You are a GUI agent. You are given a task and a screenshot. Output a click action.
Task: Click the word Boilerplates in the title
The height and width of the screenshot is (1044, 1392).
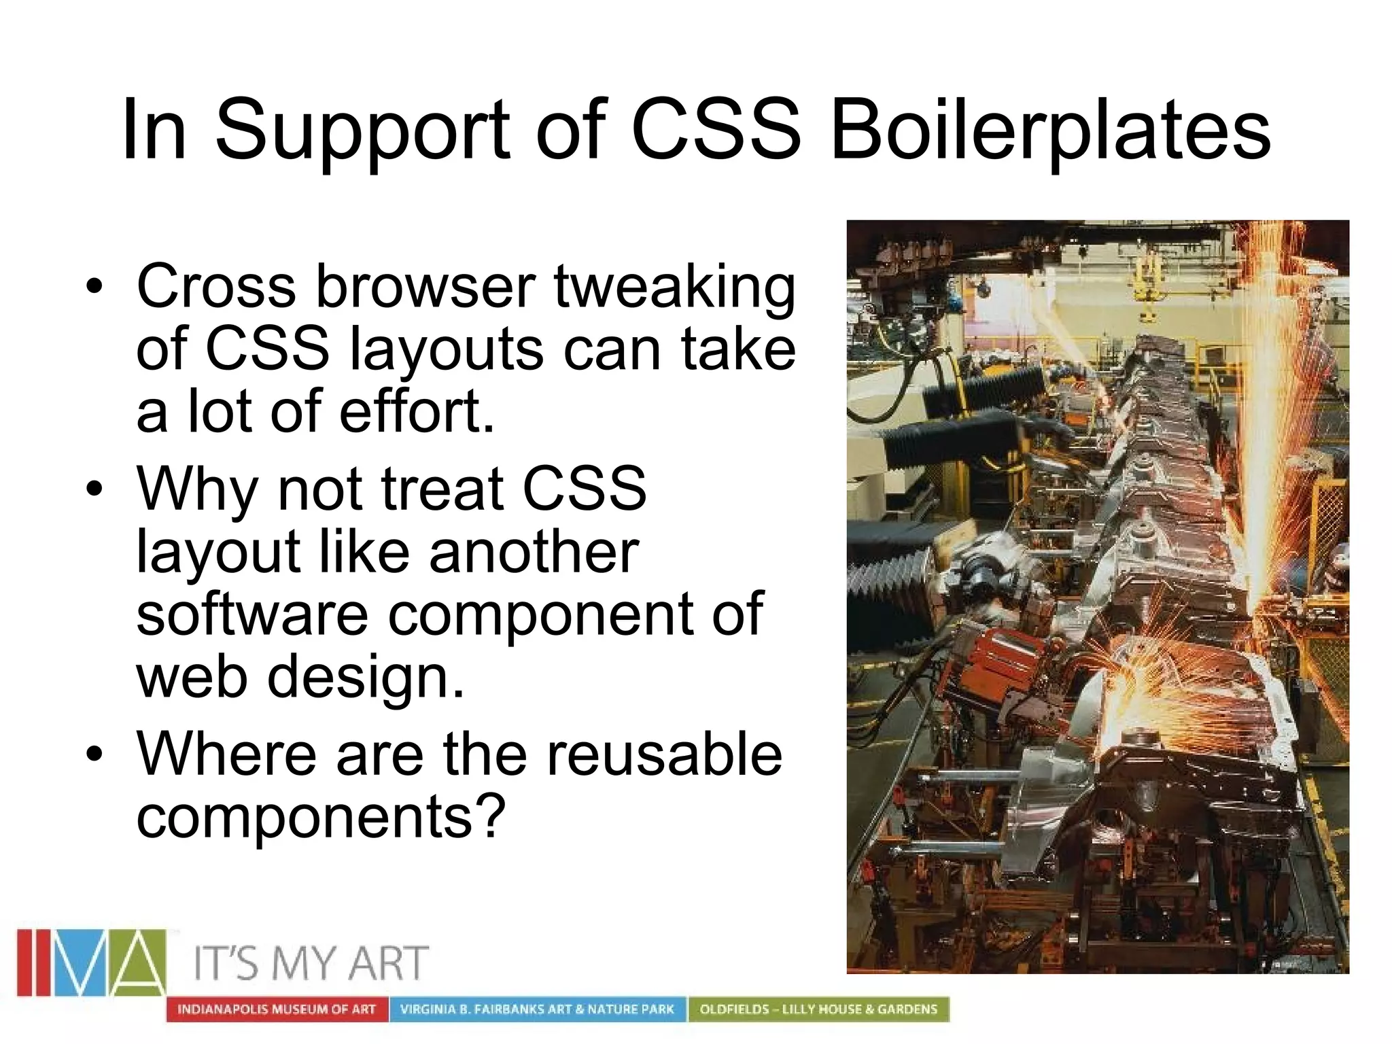point(1050,130)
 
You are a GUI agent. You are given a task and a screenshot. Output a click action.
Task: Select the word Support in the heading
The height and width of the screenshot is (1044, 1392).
point(362,130)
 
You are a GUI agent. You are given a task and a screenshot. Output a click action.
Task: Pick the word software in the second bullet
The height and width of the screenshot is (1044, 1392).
point(252,614)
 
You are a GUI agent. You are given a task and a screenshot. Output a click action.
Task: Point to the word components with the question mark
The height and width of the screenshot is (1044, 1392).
point(321,816)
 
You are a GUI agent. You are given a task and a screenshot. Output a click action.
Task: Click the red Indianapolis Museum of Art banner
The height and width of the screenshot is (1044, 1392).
point(277,1009)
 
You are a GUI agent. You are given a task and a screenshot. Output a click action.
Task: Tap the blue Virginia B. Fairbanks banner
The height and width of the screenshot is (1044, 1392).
point(537,1009)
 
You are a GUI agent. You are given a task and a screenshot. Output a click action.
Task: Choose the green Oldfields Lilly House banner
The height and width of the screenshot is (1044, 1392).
point(818,1009)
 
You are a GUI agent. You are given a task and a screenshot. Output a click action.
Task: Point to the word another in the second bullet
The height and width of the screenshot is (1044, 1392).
point(534,551)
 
